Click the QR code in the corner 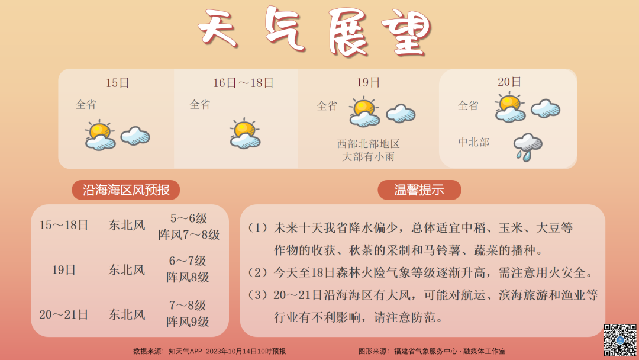(x=620, y=340)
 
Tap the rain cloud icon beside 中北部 (x=527, y=147)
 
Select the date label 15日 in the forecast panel (x=117, y=83)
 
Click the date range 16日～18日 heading (x=243, y=83)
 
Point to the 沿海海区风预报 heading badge (x=126, y=190)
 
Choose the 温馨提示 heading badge (x=419, y=190)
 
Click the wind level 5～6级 (x=189, y=218)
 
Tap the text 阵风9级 (x=188, y=322)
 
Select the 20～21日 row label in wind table (x=63, y=314)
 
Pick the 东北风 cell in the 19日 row (x=127, y=269)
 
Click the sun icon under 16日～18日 (x=245, y=133)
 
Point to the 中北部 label (x=473, y=142)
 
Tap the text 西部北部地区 (x=368, y=144)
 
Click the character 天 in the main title (x=218, y=28)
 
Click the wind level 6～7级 (x=188, y=261)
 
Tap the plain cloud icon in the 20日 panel (x=546, y=108)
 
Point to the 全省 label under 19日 (x=327, y=106)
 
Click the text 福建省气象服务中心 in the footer (x=425, y=351)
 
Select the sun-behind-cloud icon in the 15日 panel (x=100, y=135)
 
